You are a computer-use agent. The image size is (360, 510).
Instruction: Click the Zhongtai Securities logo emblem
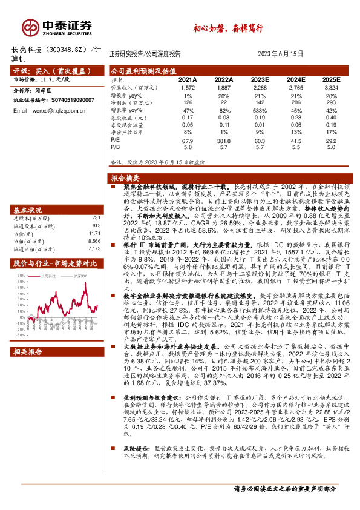[30, 27]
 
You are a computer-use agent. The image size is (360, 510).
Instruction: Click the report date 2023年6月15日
[283, 53]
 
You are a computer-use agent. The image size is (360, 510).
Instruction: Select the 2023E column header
[260, 79]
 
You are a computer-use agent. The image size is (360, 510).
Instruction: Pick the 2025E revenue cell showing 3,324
[331, 88]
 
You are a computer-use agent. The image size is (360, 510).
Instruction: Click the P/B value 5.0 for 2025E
[331, 147]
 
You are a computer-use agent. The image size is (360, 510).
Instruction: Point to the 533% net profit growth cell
[260, 111]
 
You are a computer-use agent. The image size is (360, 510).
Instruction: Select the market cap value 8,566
[92, 240]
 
